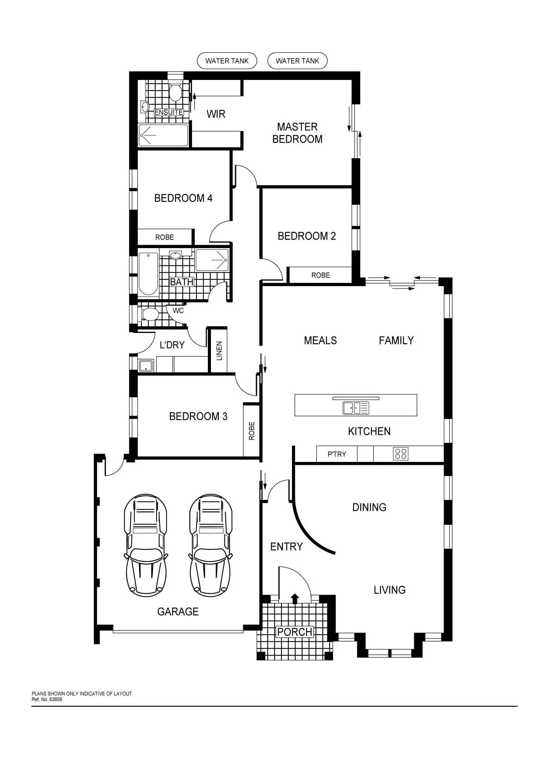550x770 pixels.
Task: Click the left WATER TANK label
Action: [227, 61]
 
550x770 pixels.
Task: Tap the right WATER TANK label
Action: [297, 61]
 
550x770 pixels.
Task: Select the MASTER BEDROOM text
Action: [297, 133]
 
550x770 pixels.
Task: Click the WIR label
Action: [216, 114]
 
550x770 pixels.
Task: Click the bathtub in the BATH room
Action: [148, 273]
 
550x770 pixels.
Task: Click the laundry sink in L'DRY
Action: [146, 365]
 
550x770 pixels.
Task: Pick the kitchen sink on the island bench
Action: [356, 408]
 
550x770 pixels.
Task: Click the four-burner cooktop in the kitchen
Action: [400, 454]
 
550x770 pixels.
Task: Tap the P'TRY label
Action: [336, 454]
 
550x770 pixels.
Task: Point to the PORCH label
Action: [295, 632]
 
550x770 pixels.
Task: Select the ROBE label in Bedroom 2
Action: [320, 275]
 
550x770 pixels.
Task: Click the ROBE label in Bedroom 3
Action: [252, 431]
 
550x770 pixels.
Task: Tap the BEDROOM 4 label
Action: [183, 198]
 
